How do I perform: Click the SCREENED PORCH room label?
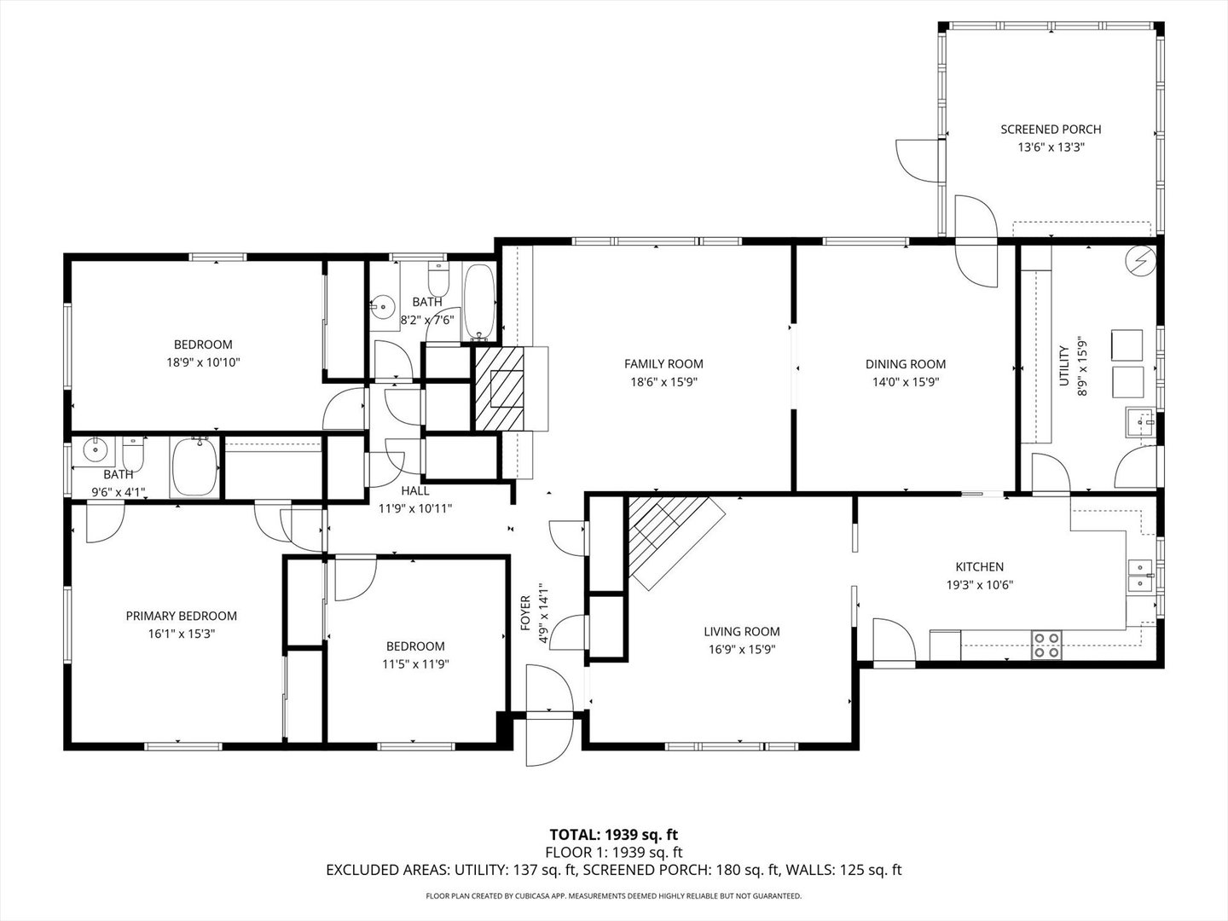pos(1051,129)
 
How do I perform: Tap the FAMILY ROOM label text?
pos(663,364)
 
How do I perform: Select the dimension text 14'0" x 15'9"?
pos(905,383)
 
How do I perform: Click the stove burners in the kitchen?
pos(1046,645)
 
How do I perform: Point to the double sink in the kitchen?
pos(1140,576)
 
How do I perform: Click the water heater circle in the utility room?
pos(1142,261)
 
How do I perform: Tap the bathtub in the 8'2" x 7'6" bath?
pos(479,302)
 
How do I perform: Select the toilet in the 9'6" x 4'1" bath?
pos(133,454)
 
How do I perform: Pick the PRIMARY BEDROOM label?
pos(182,616)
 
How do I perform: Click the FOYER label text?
pos(525,613)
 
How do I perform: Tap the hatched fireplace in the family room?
pos(500,389)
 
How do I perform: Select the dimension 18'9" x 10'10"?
pos(203,363)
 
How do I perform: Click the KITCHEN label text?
pos(980,566)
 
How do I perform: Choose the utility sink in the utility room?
pos(1140,423)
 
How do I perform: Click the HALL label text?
pos(415,491)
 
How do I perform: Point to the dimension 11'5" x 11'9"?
pos(415,664)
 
